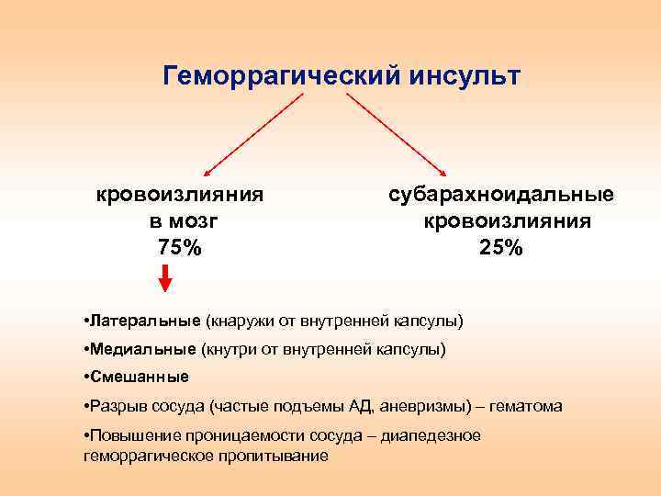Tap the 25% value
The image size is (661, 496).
501,247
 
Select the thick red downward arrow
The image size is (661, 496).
165,277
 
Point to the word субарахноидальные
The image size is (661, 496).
501,195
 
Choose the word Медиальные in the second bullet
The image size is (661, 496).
141,349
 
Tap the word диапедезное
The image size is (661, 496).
433,435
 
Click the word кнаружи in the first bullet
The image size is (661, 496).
237,321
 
